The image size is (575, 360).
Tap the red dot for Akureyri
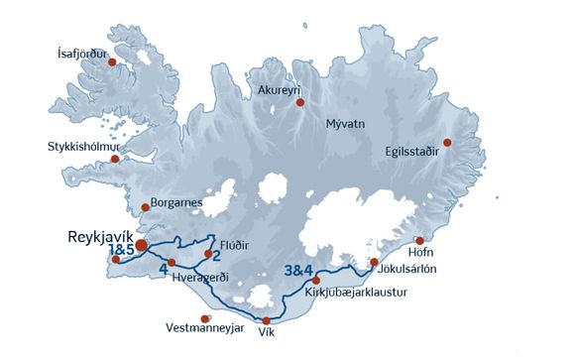[300, 102]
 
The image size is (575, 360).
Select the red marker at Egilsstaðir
[447, 143]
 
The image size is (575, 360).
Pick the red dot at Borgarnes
[146, 207]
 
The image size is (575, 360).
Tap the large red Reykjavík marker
[143, 244]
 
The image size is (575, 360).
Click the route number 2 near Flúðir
[214, 254]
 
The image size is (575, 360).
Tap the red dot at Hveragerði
[172, 263]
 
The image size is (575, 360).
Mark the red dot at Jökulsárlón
[374, 263]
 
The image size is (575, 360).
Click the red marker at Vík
[266, 320]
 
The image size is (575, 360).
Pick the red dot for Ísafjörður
[112, 61]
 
